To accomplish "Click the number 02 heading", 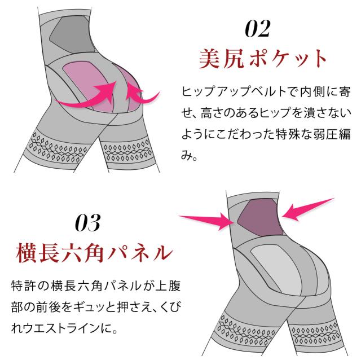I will pos(258,29).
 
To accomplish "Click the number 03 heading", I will pos(87,223).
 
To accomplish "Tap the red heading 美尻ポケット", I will pos(264,59).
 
